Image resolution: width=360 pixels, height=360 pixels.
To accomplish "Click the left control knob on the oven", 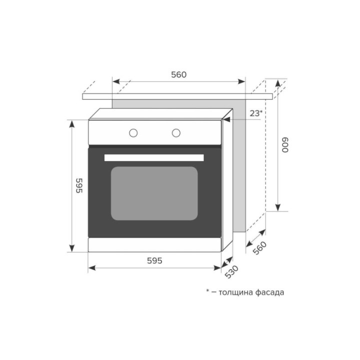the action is click(133, 132).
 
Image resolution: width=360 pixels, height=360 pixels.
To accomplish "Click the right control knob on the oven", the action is click(176, 132).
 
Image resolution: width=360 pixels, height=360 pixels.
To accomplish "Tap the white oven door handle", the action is click(154, 157).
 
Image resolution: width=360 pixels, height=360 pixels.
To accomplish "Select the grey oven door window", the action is click(154, 193).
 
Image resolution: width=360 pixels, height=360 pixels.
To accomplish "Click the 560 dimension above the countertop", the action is click(179, 74).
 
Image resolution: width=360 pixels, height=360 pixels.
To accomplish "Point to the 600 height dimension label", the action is click(285, 145).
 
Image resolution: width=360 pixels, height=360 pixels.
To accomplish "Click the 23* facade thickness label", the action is click(256, 113).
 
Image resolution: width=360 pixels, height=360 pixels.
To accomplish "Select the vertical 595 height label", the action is click(79, 185).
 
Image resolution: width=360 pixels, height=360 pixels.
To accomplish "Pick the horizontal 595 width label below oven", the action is click(154, 260).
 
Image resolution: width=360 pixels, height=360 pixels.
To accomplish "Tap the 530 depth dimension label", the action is click(231, 272).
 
